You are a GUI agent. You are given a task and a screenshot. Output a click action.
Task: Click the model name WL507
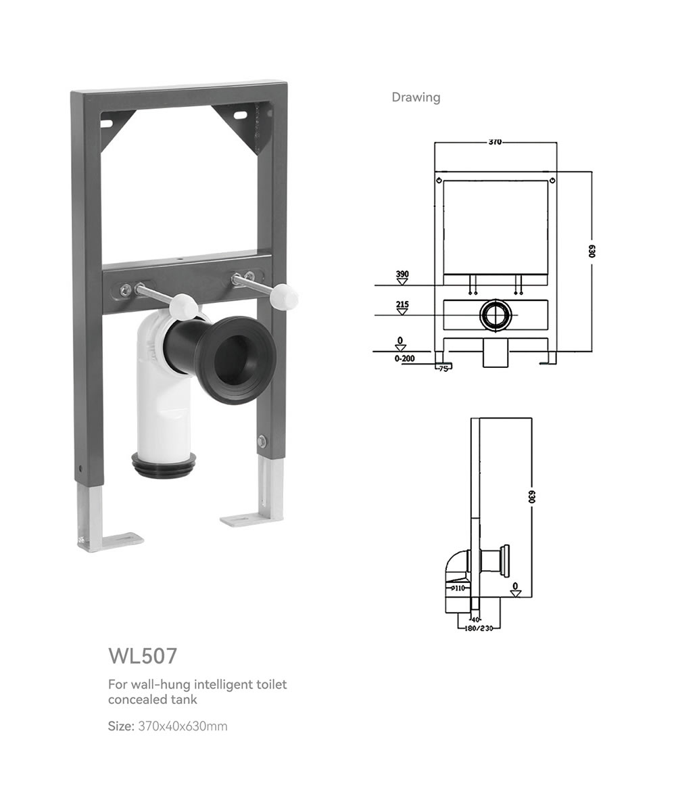143,656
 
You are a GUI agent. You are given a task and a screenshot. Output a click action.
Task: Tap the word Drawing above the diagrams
416,97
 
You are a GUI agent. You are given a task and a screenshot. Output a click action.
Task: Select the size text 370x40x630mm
183,726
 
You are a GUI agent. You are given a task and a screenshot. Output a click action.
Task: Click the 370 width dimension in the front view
495,142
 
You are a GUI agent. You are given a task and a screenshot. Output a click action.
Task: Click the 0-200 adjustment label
404,358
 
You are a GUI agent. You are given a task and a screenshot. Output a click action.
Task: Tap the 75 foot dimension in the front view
444,368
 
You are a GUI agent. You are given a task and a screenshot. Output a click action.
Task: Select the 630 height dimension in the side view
531,497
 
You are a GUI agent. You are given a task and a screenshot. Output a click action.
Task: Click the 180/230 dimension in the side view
479,628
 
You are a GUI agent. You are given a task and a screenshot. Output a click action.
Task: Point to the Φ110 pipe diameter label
458,588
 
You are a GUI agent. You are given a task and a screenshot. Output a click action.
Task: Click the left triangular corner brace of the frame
118,130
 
